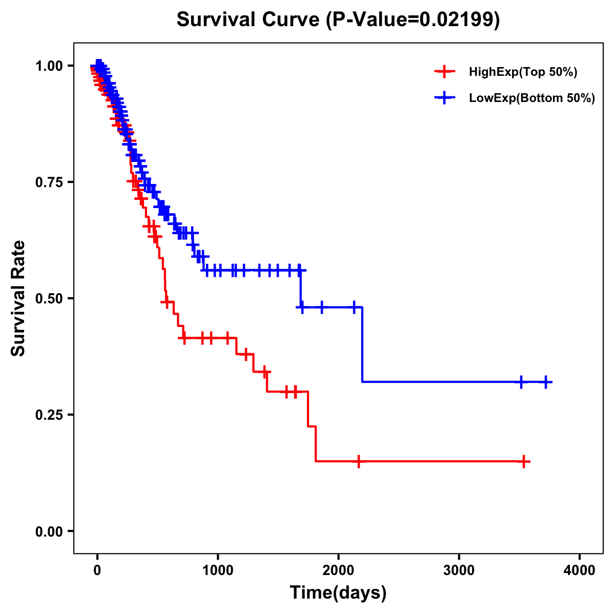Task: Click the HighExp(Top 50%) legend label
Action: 523,72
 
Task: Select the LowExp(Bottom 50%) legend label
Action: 532,98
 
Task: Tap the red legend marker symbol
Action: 444,72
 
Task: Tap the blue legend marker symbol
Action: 444,97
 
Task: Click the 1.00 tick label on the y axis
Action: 49,66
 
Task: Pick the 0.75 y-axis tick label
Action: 49,182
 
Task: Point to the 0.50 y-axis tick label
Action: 49,298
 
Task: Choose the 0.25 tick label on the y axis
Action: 49,415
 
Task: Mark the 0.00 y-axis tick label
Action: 49,531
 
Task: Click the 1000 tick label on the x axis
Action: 218,570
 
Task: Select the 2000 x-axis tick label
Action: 338,570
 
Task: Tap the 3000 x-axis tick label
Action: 459,570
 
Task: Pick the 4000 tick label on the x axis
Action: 580,570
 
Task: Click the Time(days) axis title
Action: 338,593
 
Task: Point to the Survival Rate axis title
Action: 19,298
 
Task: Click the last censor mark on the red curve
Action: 523,461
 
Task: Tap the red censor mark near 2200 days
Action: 359,461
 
